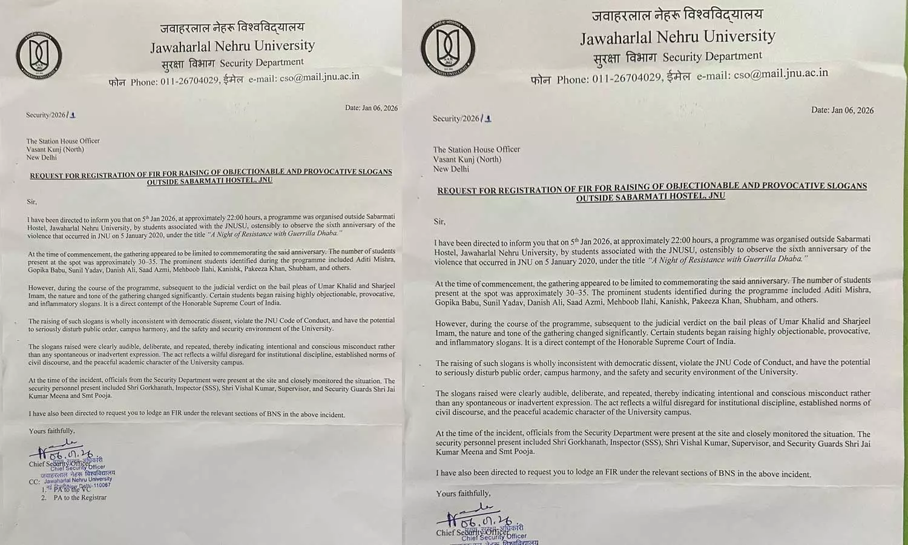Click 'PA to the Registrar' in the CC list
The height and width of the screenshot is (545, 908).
pyautogui.click(x=80, y=498)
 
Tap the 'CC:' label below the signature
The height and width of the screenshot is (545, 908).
pyautogui.click(x=34, y=482)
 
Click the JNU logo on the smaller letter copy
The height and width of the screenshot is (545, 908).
pyautogui.click(x=39, y=59)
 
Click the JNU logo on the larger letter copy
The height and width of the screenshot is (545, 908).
pyautogui.click(x=448, y=48)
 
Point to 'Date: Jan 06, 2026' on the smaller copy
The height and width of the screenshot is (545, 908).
pyautogui.click(x=371, y=108)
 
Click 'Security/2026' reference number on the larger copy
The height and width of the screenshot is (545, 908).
pyautogui.click(x=456, y=119)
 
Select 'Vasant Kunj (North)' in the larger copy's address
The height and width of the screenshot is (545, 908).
pyautogui.click(x=467, y=159)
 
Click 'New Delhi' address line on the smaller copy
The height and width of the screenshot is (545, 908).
pyautogui.click(x=41, y=157)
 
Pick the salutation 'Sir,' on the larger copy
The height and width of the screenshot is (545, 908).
pyautogui.click(x=439, y=222)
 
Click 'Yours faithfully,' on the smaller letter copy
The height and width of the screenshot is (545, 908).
pyautogui.click(x=52, y=431)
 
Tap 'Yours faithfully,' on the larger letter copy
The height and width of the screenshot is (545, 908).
pyautogui.click(x=463, y=494)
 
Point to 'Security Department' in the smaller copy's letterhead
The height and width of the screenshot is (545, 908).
pyautogui.click(x=262, y=62)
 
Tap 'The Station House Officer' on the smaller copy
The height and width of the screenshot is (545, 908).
pyautogui.click(x=63, y=141)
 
